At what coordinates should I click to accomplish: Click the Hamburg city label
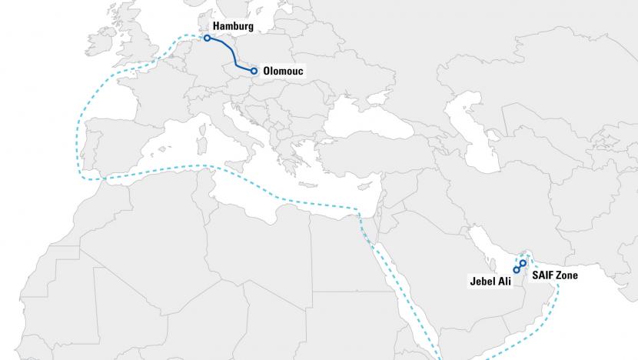tap(233, 26)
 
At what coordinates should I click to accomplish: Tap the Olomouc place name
tap(283, 71)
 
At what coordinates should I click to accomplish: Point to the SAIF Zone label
tap(555, 275)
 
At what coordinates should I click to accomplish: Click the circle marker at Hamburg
tap(207, 37)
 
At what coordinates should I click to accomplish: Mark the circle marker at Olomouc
tap(254, 71)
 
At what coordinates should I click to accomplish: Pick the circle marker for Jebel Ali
tap(517, 269)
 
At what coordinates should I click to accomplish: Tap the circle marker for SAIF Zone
tap(523, 263)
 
